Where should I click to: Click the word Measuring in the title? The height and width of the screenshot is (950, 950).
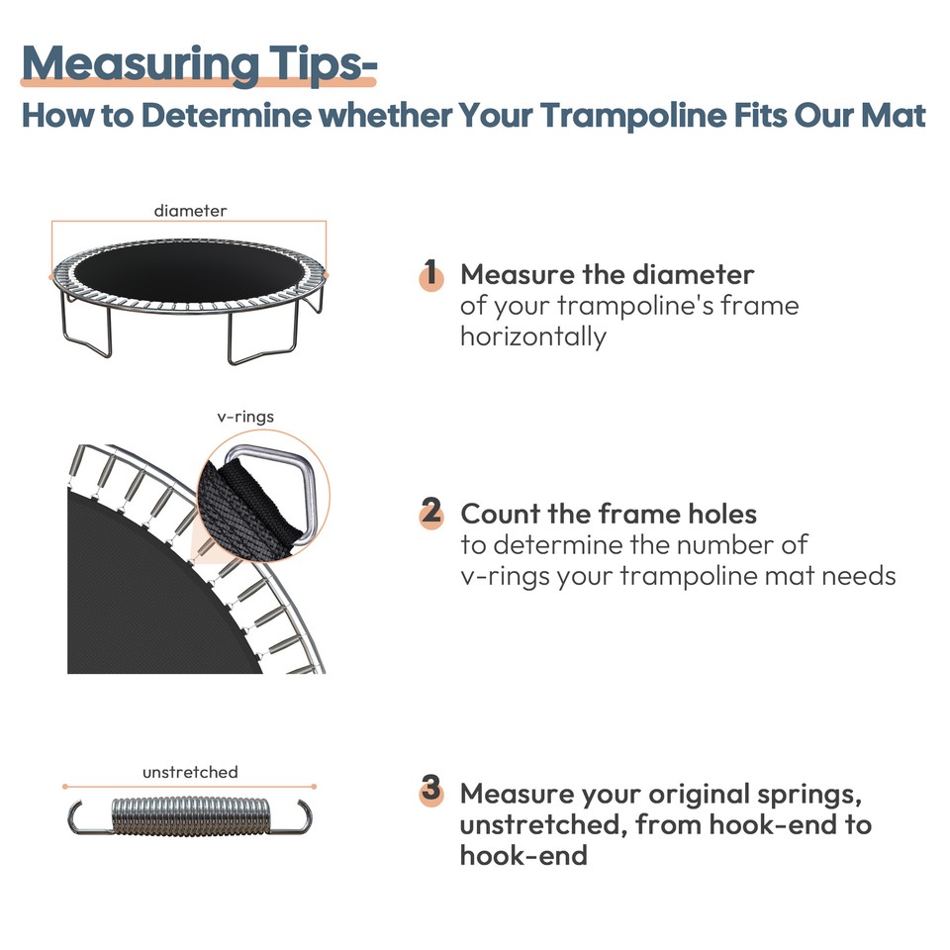coord(125,62)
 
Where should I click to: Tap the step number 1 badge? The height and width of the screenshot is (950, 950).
coord(430,274)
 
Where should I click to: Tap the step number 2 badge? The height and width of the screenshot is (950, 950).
coord(430,513)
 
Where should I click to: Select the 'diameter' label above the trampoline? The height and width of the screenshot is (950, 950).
coord(190,211)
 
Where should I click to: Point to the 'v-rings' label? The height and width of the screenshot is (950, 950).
coord(244,417)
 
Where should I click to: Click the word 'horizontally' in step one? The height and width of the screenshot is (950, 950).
coord(532,336)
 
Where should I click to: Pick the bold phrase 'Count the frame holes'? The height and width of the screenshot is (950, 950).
coord(609,514)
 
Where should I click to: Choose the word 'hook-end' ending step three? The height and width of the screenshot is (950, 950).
coord(523,854)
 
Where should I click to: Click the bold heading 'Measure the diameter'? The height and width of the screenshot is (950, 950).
coord(607,274)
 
